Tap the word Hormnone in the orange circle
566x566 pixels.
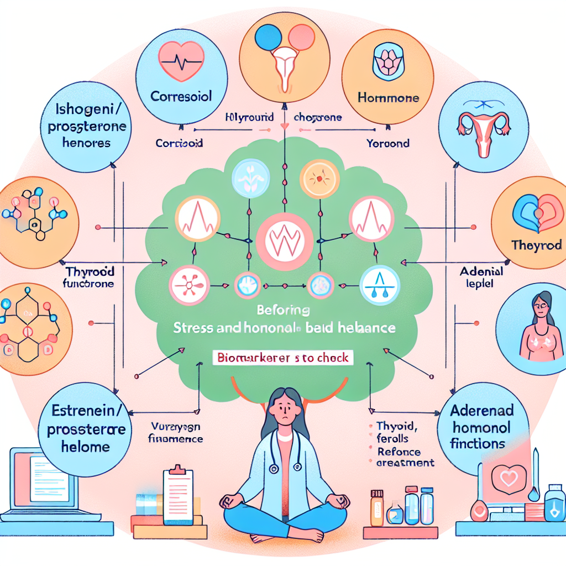click(x=389, y=98)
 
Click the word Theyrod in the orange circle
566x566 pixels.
click(x=536, y=245)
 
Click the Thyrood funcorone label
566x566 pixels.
click(x=90, y=277)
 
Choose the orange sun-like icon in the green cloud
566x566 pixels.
click(x=318, y=179)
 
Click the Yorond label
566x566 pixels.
click(x=388, y=143)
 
